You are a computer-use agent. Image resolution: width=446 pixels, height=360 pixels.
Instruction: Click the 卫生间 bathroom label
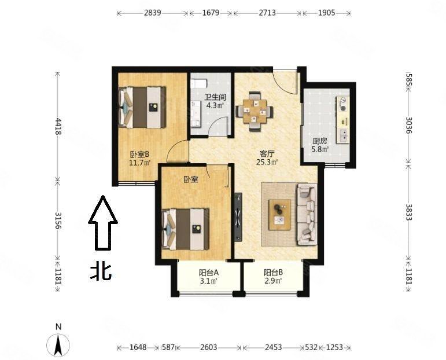[x=215, y=97]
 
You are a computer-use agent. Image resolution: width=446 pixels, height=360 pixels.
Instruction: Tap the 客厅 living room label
[x=267, y=154]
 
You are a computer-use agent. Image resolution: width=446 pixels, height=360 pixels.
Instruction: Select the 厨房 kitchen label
[x=320, y=141]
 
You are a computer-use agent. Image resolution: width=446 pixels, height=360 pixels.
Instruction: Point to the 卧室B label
[x=139, y=155]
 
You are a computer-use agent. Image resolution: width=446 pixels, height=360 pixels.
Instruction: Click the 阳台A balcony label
[x=208, y=273]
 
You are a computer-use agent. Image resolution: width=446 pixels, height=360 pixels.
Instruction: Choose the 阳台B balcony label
[x=273, y=273]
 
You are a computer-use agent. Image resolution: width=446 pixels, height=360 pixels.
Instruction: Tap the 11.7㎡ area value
[x=139, y=163]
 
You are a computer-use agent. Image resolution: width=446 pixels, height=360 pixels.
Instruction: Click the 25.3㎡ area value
[x=267, y=163]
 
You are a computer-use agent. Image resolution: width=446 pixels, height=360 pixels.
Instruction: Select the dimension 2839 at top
[x=153, y=13]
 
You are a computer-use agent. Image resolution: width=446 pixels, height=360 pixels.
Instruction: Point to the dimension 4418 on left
[x=58, y=126]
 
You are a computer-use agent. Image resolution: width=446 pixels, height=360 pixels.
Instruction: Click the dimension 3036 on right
[x=409, y=125]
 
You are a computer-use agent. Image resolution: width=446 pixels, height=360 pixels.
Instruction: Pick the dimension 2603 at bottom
[x=208, y=347]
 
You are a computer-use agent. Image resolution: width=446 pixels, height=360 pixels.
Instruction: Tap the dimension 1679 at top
[x=211, y=13]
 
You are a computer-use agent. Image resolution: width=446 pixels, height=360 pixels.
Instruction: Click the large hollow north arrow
[x=103, y=223]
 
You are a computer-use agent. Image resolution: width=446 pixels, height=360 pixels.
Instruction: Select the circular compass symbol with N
[x=58, y=344]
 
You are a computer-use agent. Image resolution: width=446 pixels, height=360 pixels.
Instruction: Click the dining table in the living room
[x=255, y=111]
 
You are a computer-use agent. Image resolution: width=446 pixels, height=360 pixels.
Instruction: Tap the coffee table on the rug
[x=280, y=215]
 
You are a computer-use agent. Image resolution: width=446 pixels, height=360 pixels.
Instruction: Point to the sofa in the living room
[x=307, y=214]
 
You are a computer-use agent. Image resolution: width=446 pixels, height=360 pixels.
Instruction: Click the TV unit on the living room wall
[x=238, y=217]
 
